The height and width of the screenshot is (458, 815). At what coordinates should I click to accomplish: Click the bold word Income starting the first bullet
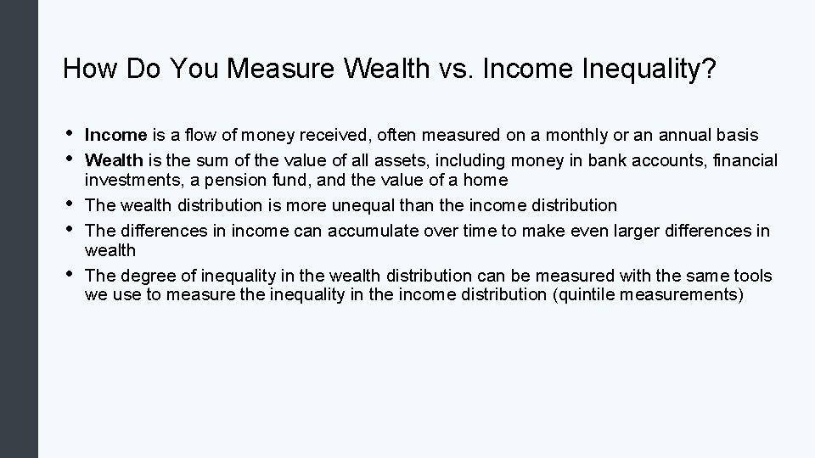click(116, 136)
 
